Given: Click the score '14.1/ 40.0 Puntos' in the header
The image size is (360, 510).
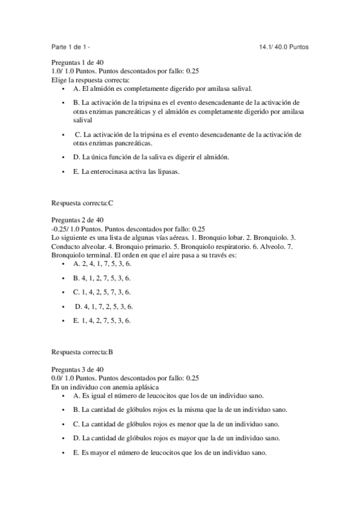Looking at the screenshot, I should [x=284, y=47].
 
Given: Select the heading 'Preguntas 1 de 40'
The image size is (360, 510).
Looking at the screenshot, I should [x=78, y=63].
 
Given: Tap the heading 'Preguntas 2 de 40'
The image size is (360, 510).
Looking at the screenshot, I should [x=78, y=220].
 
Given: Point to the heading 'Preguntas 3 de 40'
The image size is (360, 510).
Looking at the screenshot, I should [x=78, y=369].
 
